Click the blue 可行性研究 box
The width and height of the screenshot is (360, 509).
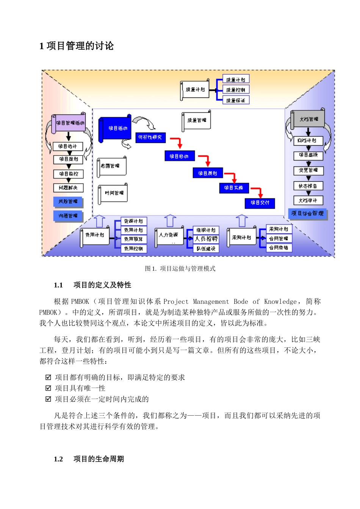pyautogui.click(x=150, y=137)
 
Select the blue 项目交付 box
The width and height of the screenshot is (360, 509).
pyautogui.click(x=260, y=203)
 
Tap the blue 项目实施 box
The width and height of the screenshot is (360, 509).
pyautogui.click(x=234, y=188)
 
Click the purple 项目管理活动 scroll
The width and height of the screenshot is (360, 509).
pyautogui.click(x=69, y=123)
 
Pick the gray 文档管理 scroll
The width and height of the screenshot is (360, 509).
pyautogui.click(x=309, y=119)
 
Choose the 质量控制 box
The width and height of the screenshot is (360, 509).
pyautogui.click(x=235, y=90)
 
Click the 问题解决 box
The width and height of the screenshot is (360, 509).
pyautogui.click(x=68, y=188)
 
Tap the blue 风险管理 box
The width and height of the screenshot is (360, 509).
pyautogui.click(x=68, y=201)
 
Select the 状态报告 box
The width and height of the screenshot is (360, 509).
pyautogui.click(x=308, y=186)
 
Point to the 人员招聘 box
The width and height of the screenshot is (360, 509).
pyautogui.click(x=206, y=239)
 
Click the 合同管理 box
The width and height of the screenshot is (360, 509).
pyautogui.click(x=279, y=239)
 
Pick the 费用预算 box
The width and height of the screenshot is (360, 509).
pyautogui.click(x=133, y=239)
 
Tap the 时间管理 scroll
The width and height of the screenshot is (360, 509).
pyautogui.click(x=113, y=193)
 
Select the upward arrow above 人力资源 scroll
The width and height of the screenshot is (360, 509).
pyautogui.click(x=170, y=221)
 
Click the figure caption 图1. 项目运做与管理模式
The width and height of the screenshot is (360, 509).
pyautogui.click(x=180, y=269)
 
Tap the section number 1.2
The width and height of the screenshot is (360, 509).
pyautogui.click(x=58, y=459)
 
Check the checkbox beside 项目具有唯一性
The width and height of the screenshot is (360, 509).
pyautogui.click(x=48, y=388)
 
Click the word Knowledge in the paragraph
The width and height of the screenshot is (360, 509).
pyautogui.click(x=280, y=302)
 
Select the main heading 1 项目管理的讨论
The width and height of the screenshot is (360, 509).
pyautogui.click(x=77, y=46)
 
